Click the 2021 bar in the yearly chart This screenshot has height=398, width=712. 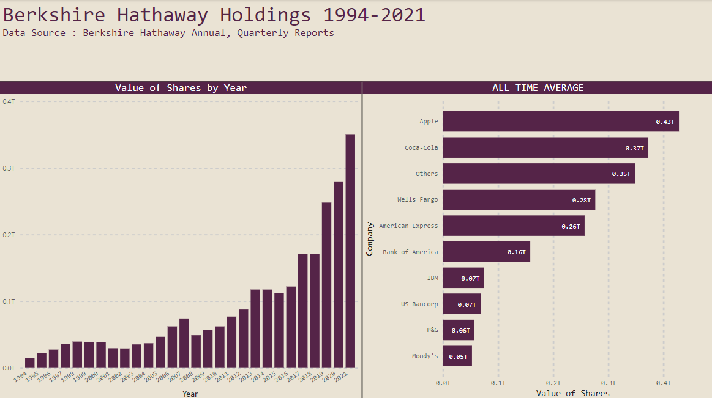coord(350,251)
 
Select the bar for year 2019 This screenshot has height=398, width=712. coord(326,285)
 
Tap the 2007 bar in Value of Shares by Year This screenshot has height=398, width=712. coord(184,343)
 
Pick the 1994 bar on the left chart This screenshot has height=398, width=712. coord(29,363)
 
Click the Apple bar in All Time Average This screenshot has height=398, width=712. coord(560,122)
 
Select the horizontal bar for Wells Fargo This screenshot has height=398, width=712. coord(519,200)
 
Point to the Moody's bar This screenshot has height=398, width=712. coord(457,356)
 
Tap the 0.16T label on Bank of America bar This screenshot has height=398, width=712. coord(516,252)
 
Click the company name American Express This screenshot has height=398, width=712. coord(408,226)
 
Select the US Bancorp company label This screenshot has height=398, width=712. coord(419,304)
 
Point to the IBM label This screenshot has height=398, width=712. coord(432,278)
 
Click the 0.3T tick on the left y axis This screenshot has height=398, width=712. coord(9,168)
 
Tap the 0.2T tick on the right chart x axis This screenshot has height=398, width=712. coord(553,383)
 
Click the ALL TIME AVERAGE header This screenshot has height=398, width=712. coord(538,88)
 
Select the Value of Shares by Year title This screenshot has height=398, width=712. coord(181,88)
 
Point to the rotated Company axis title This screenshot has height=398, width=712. coord(370,238)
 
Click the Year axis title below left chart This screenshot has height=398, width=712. coord(190,394)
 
